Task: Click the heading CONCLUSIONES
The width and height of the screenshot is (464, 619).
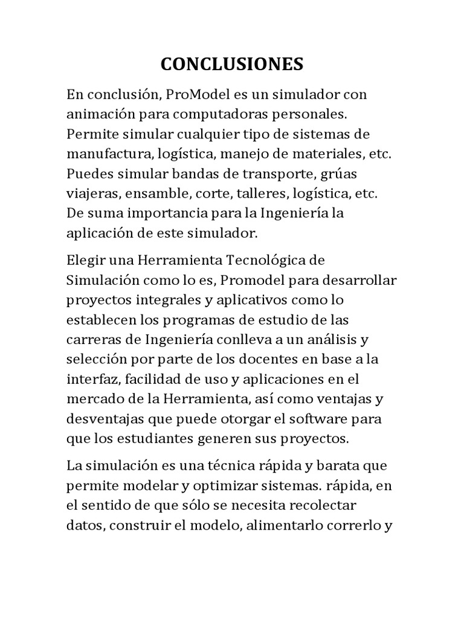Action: point(231,64)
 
